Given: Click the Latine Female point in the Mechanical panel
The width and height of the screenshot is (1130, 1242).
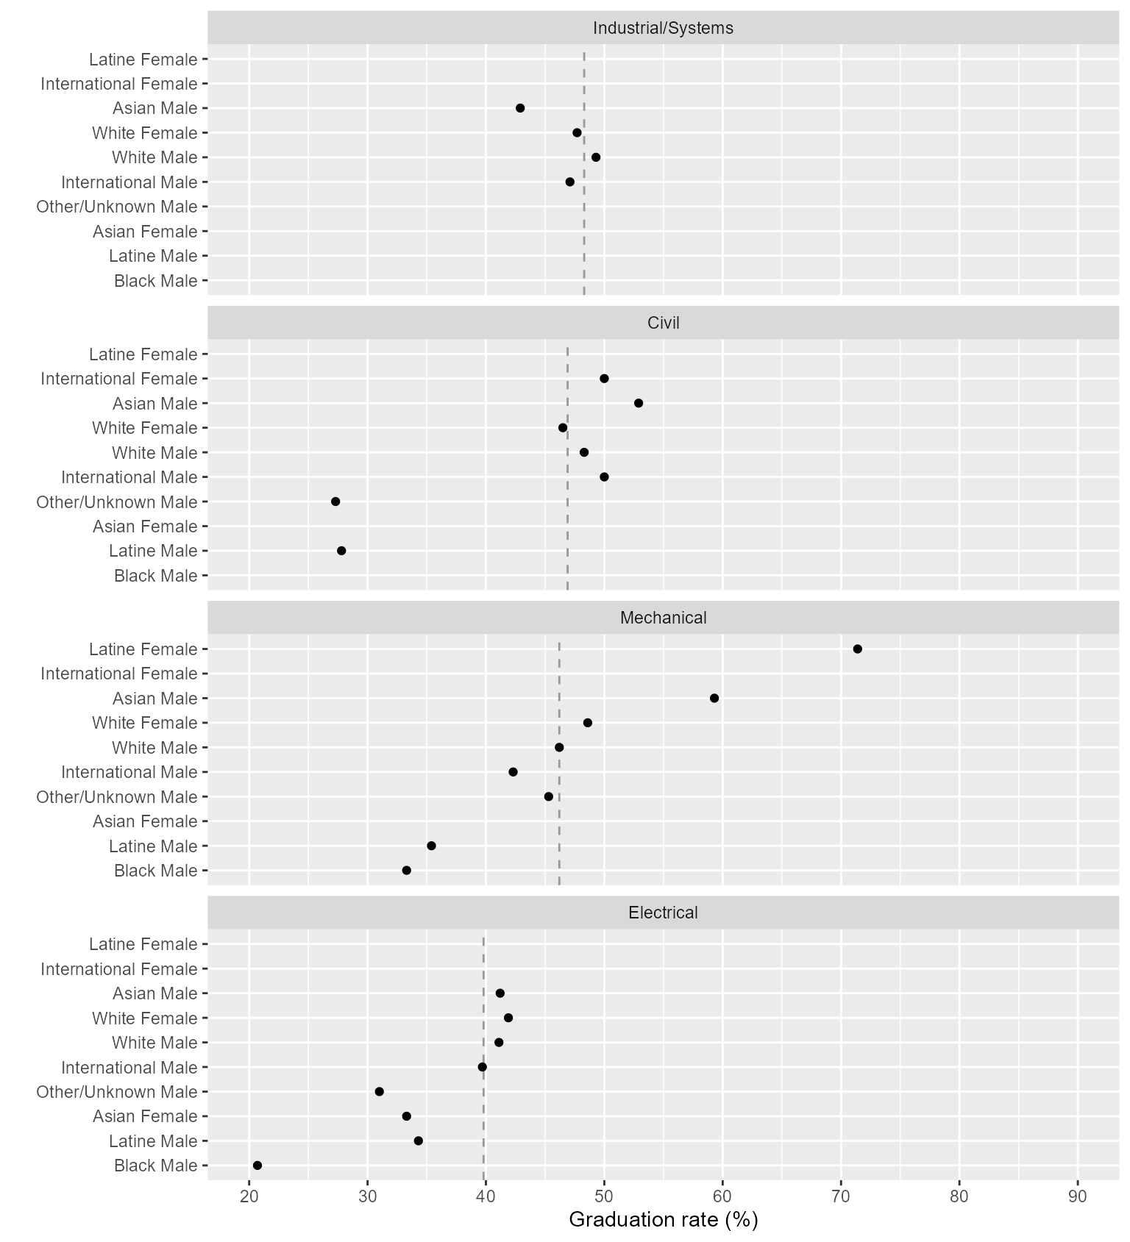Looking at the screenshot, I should (857, 649).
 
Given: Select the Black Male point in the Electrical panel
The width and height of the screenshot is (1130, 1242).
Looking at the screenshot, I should (257, 1165).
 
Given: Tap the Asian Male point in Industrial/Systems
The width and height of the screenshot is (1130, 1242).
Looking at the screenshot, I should (520, 108).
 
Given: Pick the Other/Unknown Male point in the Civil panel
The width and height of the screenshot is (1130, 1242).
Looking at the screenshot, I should (335, 502).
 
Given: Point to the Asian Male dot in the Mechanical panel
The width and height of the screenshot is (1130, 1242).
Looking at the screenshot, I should (714, 698).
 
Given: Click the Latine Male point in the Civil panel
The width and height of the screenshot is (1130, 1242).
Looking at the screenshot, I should (341, 551).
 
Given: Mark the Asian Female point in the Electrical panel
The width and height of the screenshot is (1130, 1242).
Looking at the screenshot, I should (407, 1116).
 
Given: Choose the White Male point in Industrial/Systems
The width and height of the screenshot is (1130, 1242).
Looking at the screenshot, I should (596, 157).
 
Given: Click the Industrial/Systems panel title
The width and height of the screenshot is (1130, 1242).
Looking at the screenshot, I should (663, 28).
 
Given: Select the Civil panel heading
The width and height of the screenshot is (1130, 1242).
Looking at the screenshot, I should (663, 323).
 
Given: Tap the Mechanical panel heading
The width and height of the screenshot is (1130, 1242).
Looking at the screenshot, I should (663, 618).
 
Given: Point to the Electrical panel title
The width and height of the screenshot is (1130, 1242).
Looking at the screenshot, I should (663, 913).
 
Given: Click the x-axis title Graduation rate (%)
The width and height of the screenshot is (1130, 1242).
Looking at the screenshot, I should (663, 1219).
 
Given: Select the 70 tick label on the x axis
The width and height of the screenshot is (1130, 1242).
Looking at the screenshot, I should (841, 1196).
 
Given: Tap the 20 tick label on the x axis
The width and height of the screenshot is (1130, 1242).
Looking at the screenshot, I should (249, 1196).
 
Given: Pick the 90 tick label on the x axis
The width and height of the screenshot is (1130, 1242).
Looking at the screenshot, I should (1078, 1196).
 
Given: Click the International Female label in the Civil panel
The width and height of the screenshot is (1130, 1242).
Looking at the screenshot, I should (119, 379).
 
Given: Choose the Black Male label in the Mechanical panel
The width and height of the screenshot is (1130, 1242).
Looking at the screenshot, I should (156, 871).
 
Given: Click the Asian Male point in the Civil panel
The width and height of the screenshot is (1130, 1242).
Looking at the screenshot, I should (639, 403).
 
